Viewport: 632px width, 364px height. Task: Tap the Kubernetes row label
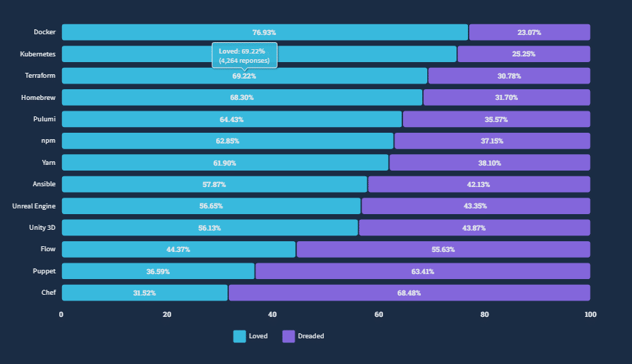coord(39,54)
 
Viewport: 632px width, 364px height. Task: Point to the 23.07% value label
coord(529,33)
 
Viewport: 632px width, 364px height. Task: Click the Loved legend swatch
coord(239,336)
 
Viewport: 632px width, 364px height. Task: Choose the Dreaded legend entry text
coord(310,336)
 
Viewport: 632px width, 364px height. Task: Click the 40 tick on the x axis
coord(272,315)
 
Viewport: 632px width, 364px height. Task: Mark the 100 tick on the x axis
coord(590,315)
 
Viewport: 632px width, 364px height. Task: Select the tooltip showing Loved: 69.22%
coord(244,56)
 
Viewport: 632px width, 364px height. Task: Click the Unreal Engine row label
coord(34,206)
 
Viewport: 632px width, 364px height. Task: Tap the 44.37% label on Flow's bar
coord(178,250)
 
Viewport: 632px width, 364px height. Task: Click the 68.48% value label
coord(409,293)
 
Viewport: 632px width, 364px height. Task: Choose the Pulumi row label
coord(44,119)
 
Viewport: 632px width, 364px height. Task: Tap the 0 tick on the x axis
coord(61,315)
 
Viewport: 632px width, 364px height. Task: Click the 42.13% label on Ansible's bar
coord(479,185)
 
